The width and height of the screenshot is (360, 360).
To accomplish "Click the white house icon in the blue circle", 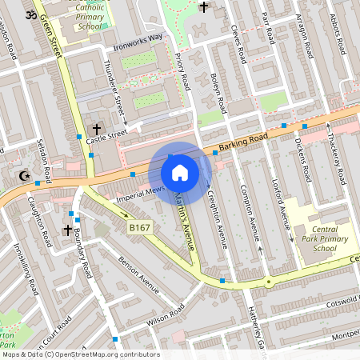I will point(180,172).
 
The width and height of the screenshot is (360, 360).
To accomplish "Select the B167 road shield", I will point(139,228).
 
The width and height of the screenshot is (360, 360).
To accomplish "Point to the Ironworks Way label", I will point(138,37).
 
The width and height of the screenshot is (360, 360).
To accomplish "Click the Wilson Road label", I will point(166,318).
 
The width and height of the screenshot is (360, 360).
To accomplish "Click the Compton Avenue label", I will point(250,212).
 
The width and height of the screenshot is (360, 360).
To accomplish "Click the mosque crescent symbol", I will point(22,175).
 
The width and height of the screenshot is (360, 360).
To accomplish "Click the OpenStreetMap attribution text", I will point(80,354).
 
